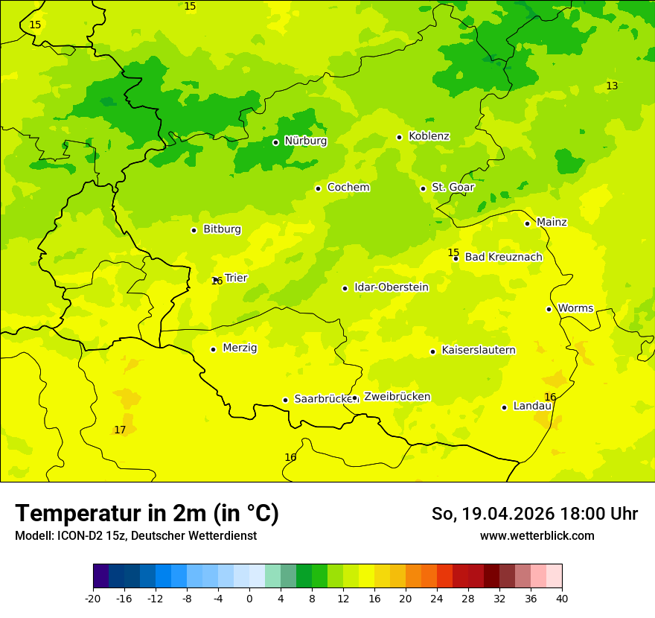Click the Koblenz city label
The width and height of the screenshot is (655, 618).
point(429,136)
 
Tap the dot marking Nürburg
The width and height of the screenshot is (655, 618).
point(275,142)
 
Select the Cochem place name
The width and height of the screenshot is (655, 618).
point(348,188)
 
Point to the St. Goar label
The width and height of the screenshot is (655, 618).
point(453,188)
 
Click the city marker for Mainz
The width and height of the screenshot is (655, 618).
point(527,223)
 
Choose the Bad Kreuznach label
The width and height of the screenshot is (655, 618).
point(503,258)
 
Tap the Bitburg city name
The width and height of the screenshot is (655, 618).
point(222,229)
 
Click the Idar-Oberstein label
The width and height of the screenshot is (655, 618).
point(391,287)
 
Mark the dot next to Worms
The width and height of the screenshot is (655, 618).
point(549,309)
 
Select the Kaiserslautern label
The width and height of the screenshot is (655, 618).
point(479,351)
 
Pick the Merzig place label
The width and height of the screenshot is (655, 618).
point(240,348)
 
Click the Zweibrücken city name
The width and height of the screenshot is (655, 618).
point(397,397)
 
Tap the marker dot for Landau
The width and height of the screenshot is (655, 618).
point(504,407)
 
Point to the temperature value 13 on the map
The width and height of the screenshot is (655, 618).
point(612,86)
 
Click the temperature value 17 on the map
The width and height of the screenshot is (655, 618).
point(120,430)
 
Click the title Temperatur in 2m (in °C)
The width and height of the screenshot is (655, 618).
point(147,514)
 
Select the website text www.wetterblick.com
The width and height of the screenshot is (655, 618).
point(537,536)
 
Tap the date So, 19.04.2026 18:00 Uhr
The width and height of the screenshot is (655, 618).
point(534,514)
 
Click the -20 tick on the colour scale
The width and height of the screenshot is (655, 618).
point(93,599)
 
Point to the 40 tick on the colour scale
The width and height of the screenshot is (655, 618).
point(562,599)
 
